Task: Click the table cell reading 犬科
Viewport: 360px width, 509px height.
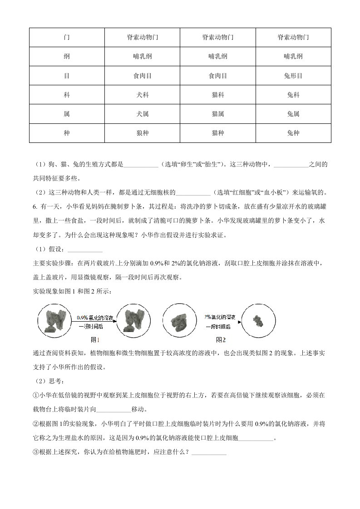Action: click(143, 95)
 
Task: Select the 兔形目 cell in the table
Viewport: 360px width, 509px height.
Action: click(293, 76)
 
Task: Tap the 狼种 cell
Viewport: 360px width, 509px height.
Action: click(143, 133)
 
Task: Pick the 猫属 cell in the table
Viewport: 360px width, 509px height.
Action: click(218, 114)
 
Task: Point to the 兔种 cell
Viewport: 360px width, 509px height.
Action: click(293, 133)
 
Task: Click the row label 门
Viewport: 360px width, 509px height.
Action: click(67, 38)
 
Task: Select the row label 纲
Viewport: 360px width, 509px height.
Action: click(67, 57)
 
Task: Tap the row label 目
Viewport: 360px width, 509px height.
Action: click(67, 76)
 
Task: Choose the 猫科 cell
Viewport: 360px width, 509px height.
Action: click(218, 95)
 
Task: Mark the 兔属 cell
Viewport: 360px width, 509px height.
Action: click(293, 114)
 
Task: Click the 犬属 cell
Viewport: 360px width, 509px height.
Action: click(143, 114)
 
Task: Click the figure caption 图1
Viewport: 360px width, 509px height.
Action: click(95, 339)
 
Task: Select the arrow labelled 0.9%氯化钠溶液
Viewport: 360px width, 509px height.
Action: click(94, 322)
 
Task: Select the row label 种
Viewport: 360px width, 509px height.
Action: click(67, 133)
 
